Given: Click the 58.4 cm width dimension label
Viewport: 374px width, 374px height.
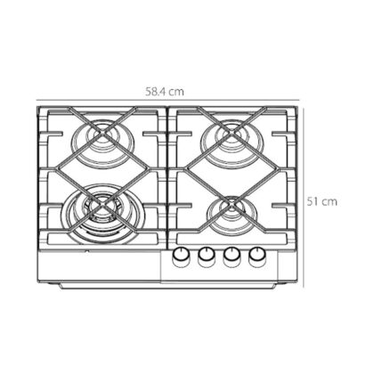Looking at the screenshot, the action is [x=165, y=92].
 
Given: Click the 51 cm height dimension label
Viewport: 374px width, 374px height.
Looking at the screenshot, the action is [x=322, y=201].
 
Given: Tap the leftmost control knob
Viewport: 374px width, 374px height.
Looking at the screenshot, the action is [x=181, y=257].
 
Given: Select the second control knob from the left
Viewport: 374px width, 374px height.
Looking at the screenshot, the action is [x=207, y=257].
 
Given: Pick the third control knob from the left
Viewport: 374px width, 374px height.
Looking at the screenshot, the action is [x=232, y=257].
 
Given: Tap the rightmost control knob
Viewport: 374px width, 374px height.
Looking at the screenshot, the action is [x=257, y=257].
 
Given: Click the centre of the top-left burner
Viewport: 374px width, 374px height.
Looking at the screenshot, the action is [x=102, y=135].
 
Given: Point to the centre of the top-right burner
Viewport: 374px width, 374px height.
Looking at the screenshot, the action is [x=232, y=135].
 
